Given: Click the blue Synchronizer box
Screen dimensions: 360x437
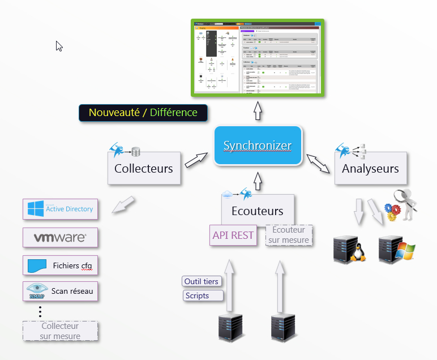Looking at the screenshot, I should (x=258, y=146).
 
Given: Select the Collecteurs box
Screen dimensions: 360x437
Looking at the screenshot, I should (x=144, y=168).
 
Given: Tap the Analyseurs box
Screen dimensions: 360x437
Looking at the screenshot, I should (x=370, y=168).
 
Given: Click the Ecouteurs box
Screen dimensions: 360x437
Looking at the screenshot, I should (x=258, y=212).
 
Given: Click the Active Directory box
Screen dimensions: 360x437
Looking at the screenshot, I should (x=60, y=209).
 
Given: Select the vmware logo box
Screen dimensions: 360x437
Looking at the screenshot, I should (x=60, y=238).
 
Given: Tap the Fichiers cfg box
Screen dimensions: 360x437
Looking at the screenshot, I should (x=60, y=265).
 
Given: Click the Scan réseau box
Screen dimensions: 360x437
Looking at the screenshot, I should (x=60, y=292).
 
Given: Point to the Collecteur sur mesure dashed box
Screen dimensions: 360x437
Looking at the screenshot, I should (x=60, y=331).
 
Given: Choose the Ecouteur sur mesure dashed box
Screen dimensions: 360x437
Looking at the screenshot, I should (x=289, y=235).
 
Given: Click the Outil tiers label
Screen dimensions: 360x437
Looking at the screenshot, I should (x=202, y=281).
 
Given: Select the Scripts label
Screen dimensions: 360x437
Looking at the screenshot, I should (x=203, y=295).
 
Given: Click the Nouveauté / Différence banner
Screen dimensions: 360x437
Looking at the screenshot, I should (x=143, y=113).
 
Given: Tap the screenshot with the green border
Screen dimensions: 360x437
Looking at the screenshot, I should (x=258, y=57).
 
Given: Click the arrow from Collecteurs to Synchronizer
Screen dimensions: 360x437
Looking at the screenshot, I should (x=196, y=160).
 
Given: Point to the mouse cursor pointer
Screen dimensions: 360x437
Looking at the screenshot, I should (x=59, y=46).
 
